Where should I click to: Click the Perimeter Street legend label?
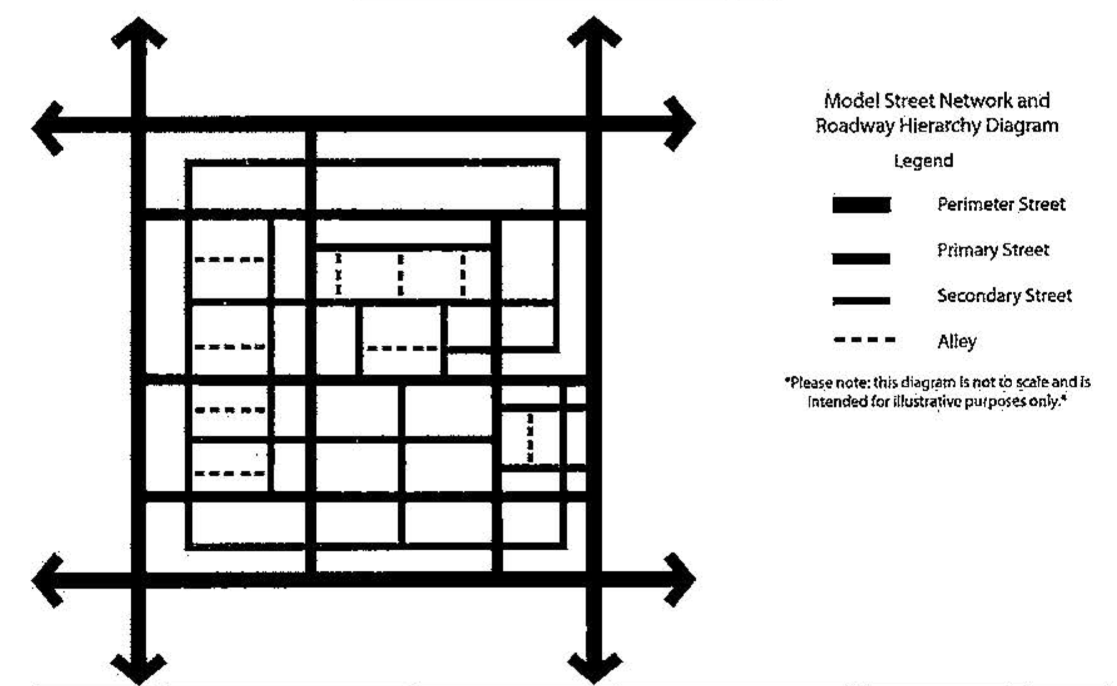(1001, 204)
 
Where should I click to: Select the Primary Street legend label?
(992, 250)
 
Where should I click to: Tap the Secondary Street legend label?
(1004, 295)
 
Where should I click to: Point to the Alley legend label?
(957, 341)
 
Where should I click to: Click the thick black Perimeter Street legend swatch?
(861, 205)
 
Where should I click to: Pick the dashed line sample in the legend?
(864, 340)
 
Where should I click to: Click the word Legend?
(923, 161)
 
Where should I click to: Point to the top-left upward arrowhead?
(138, 31)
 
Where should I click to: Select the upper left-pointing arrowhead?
(46, 128)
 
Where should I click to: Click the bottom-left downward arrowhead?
(138, 670)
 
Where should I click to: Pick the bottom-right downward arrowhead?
(594, 670)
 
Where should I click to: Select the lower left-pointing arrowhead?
(46, 580)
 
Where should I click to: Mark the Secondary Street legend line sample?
(861, 300)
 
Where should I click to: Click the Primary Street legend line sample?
(861, 259)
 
